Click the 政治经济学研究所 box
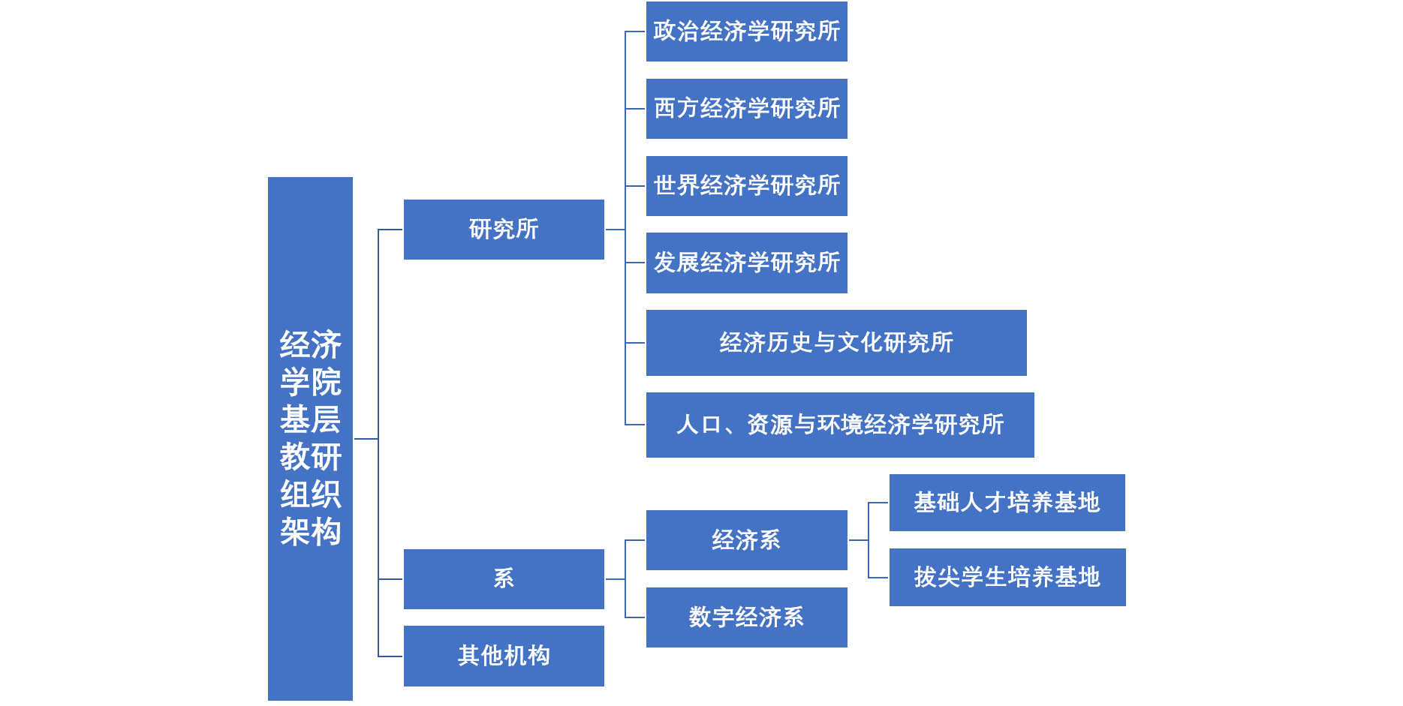pos(746,32)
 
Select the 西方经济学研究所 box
pos(746,109)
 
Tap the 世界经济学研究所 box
pos(746,186)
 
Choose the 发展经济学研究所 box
pos(746,263)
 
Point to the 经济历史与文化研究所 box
pos(835,343)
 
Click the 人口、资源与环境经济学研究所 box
pos(839,425)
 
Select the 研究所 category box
pos(503,230)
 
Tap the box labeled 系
pos(503,578)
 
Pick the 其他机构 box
pos(503,656)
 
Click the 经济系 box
pos(746,540)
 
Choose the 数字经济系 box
pos(746,617)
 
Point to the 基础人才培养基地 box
pos(1007,503)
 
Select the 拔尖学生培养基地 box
pos(1007,577)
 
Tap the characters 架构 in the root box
pos(310,532)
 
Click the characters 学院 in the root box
pos(310,382)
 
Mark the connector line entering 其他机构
pos(390,656)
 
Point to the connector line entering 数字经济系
pos(635,617)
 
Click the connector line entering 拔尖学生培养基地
pos(878,578)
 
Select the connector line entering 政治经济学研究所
pos(635,32)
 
